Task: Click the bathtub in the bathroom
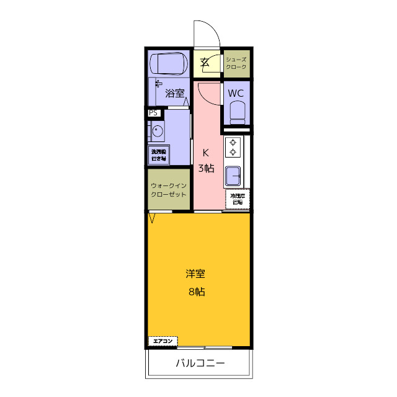[169, 63]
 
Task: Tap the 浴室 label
[175, 94]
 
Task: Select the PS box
[153, 114]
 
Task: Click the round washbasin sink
[156, 132]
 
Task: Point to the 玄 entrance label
[205, 62]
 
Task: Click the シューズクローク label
[236, 63]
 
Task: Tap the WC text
[236, 93]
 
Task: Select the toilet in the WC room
[237, 112]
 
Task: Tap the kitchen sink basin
[234, 176]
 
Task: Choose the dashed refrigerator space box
[238, 199]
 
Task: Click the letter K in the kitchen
[206, 153]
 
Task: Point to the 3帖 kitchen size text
[206, 168]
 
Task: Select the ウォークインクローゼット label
[168, 189]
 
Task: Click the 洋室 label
[196, 274]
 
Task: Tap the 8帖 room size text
[197, 292]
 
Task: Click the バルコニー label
[200, 363]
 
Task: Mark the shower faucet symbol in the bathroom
[158, 83]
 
